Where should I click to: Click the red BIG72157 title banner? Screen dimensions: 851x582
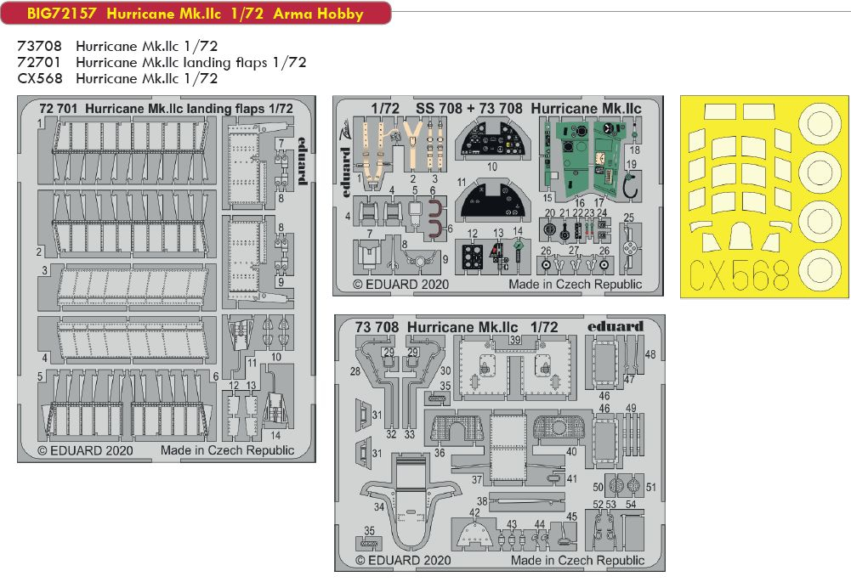pyautogui.click(x=196, y=13)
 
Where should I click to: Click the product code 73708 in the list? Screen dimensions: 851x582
pyautogui.click(x=40, y=46)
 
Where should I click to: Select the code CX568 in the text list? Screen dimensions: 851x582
pyautogui.click(x=40, y=79)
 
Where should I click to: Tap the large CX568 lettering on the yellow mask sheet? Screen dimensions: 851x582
pyautogui.click(x=739, y=274)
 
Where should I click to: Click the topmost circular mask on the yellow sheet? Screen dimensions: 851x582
pyautogui.click(x=820, y=123)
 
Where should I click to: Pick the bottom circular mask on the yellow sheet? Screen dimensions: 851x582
pyautogui.click(x=820, y=271)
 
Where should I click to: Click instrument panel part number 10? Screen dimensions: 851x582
pyautogui.click(x=491, y=167)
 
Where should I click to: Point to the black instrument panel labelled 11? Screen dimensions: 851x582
pyautogui.click(x=491, y=201)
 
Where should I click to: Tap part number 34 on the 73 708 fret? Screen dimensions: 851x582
pyautogui.click(x=379, y=506)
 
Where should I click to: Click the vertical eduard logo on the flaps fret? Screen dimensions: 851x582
pyautogui.click(x=303, y=161)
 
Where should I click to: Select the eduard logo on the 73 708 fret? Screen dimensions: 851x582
pyautogui.click(x=615, y=326)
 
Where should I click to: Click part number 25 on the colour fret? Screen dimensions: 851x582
pyautogui.click(x=628, y=218)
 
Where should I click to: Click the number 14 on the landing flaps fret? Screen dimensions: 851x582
pyautogui.click(x=275, y=436)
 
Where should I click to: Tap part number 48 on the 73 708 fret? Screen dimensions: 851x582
pyautogui.click(x=650, y=354)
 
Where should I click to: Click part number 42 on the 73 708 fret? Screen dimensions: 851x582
pyautogui.click(x=474, y=512)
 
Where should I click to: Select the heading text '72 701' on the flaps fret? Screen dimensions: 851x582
pyautogui.click(x=59, y=109)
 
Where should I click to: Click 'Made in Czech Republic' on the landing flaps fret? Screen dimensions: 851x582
pyautogui.click(x=227, y=450)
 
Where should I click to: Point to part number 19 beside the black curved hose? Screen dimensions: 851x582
pyautogui.click(x=631, y=164)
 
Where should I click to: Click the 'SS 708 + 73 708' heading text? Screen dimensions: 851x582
pyautogui.click(x=469, y=109)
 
